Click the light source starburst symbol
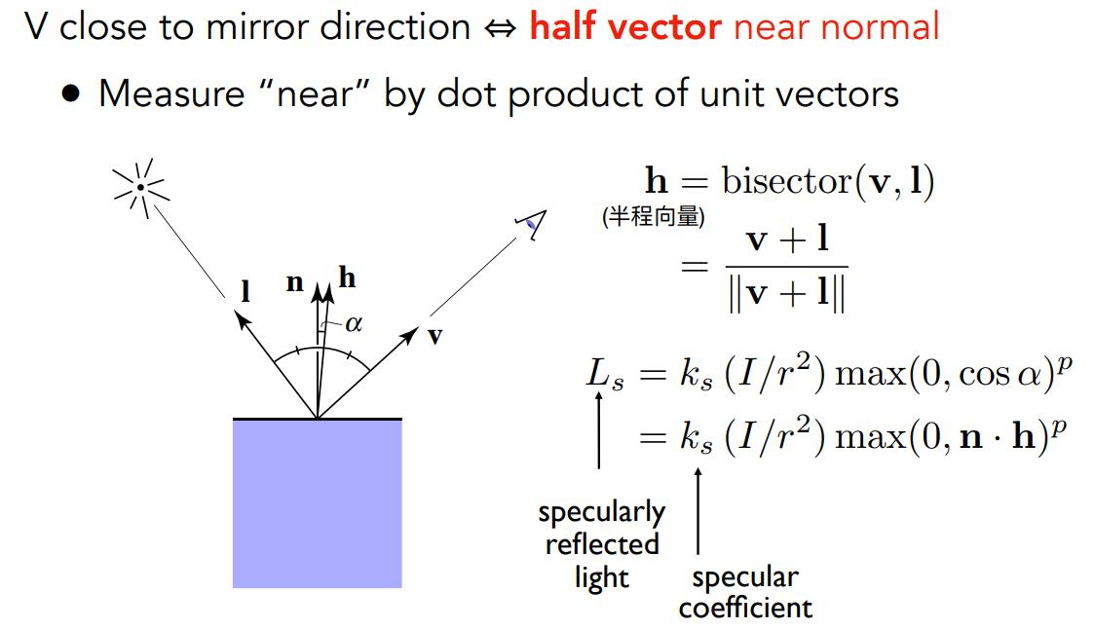(x=141, y=188)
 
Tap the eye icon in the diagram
(x=532, y=224)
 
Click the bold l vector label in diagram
(x=245, y=290)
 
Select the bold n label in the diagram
(x=295, y=282)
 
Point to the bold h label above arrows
(x=348, y=277)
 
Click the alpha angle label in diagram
(x=354, y=323)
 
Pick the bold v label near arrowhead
(x=434, y=337)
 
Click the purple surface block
(x=318, y=503)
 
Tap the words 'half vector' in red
(x=625, y=26)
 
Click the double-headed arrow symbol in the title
(x=501, y=28)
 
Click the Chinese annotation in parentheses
(x=654, y=217)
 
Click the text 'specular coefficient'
(x=745, y=592)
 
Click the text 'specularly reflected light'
(x=601, y=544)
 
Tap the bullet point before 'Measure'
(x=70, y=93)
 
